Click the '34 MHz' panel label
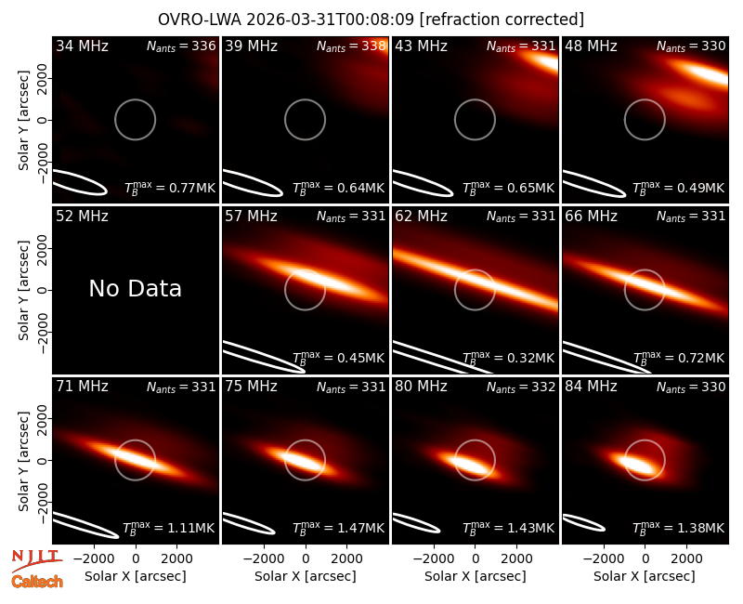coord(82,46)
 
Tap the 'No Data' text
coord(135,288)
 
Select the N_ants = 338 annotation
coord(351,46)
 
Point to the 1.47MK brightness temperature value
coord(360,528)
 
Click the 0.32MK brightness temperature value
coord(530,358)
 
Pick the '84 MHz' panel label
coord(591,387)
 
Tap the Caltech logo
coord(37,582)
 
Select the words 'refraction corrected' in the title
coord(502,20)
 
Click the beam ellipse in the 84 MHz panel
coord(583,523)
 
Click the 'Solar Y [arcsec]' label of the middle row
coord(23,290)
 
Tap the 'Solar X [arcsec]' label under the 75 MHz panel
coord(306,576)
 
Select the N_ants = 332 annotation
coord(521,387)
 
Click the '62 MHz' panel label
coord(422,217)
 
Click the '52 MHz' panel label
coord(82,217)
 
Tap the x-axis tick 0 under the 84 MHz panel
coord(645,558)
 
